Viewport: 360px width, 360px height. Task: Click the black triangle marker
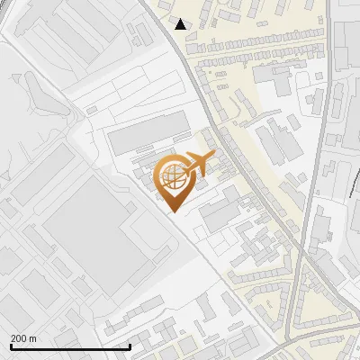[181, 24]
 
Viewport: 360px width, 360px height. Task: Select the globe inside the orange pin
[171, 177]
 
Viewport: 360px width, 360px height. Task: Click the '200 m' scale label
[23, 337]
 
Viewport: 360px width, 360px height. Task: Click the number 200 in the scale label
[19, 337]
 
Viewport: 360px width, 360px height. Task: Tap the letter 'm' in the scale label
[32, 337]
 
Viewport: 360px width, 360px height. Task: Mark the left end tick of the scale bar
[10, 345]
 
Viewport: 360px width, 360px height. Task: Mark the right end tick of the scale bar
[130, 345]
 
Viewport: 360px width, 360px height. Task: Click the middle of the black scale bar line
[70, 346]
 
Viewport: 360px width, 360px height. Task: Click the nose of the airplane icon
[213, 156]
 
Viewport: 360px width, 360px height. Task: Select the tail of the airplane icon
[185, 167]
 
